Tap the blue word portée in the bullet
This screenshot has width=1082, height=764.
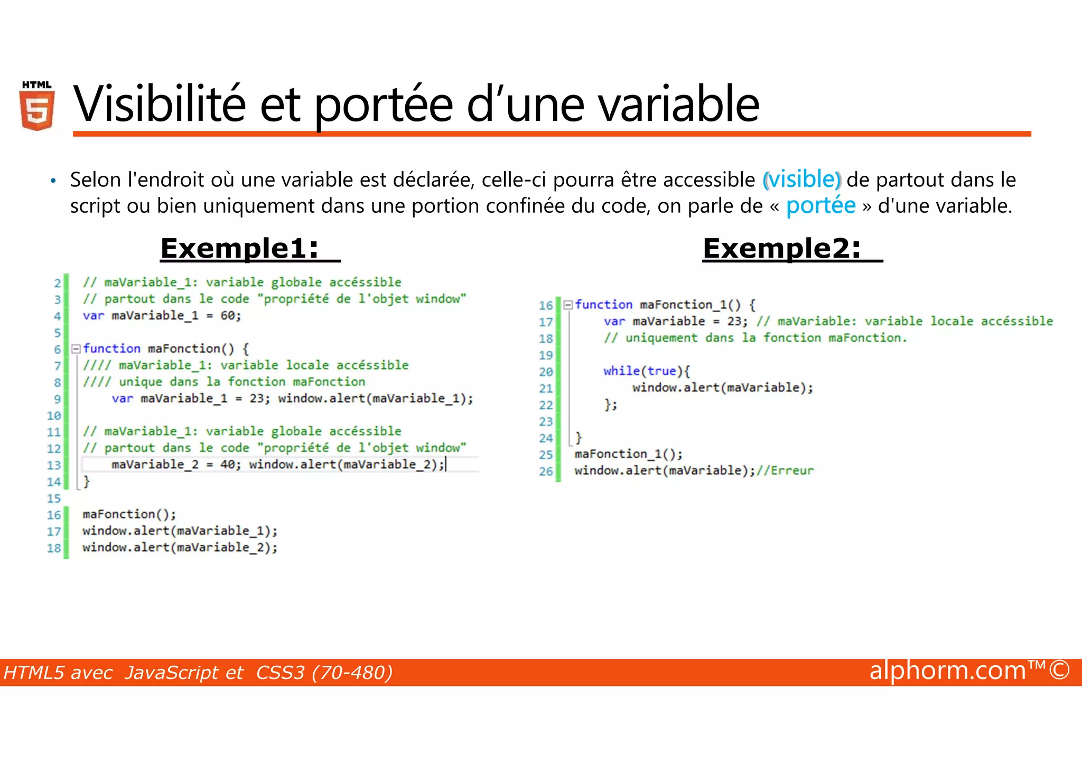click(x=820, y=205)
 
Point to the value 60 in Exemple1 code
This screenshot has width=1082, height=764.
click(x=228, y=316)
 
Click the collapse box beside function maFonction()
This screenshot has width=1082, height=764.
click(x=76, y=348)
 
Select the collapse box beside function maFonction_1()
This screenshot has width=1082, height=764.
click(x=568, y=305)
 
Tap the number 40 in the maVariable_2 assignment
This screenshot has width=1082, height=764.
click(x=228, y=465)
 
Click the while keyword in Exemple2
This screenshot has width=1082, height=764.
click(x=621, y=371)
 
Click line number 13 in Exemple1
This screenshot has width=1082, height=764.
click(x=54, y=465)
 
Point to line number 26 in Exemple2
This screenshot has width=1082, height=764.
click(x=546, y=471)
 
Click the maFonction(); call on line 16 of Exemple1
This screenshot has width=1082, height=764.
click(x=129, y=514)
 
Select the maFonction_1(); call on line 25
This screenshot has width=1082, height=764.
click(x=628, y=454)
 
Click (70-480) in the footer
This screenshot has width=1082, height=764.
click(x=352, y=673)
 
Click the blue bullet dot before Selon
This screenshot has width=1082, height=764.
click(x=53, y=181)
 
